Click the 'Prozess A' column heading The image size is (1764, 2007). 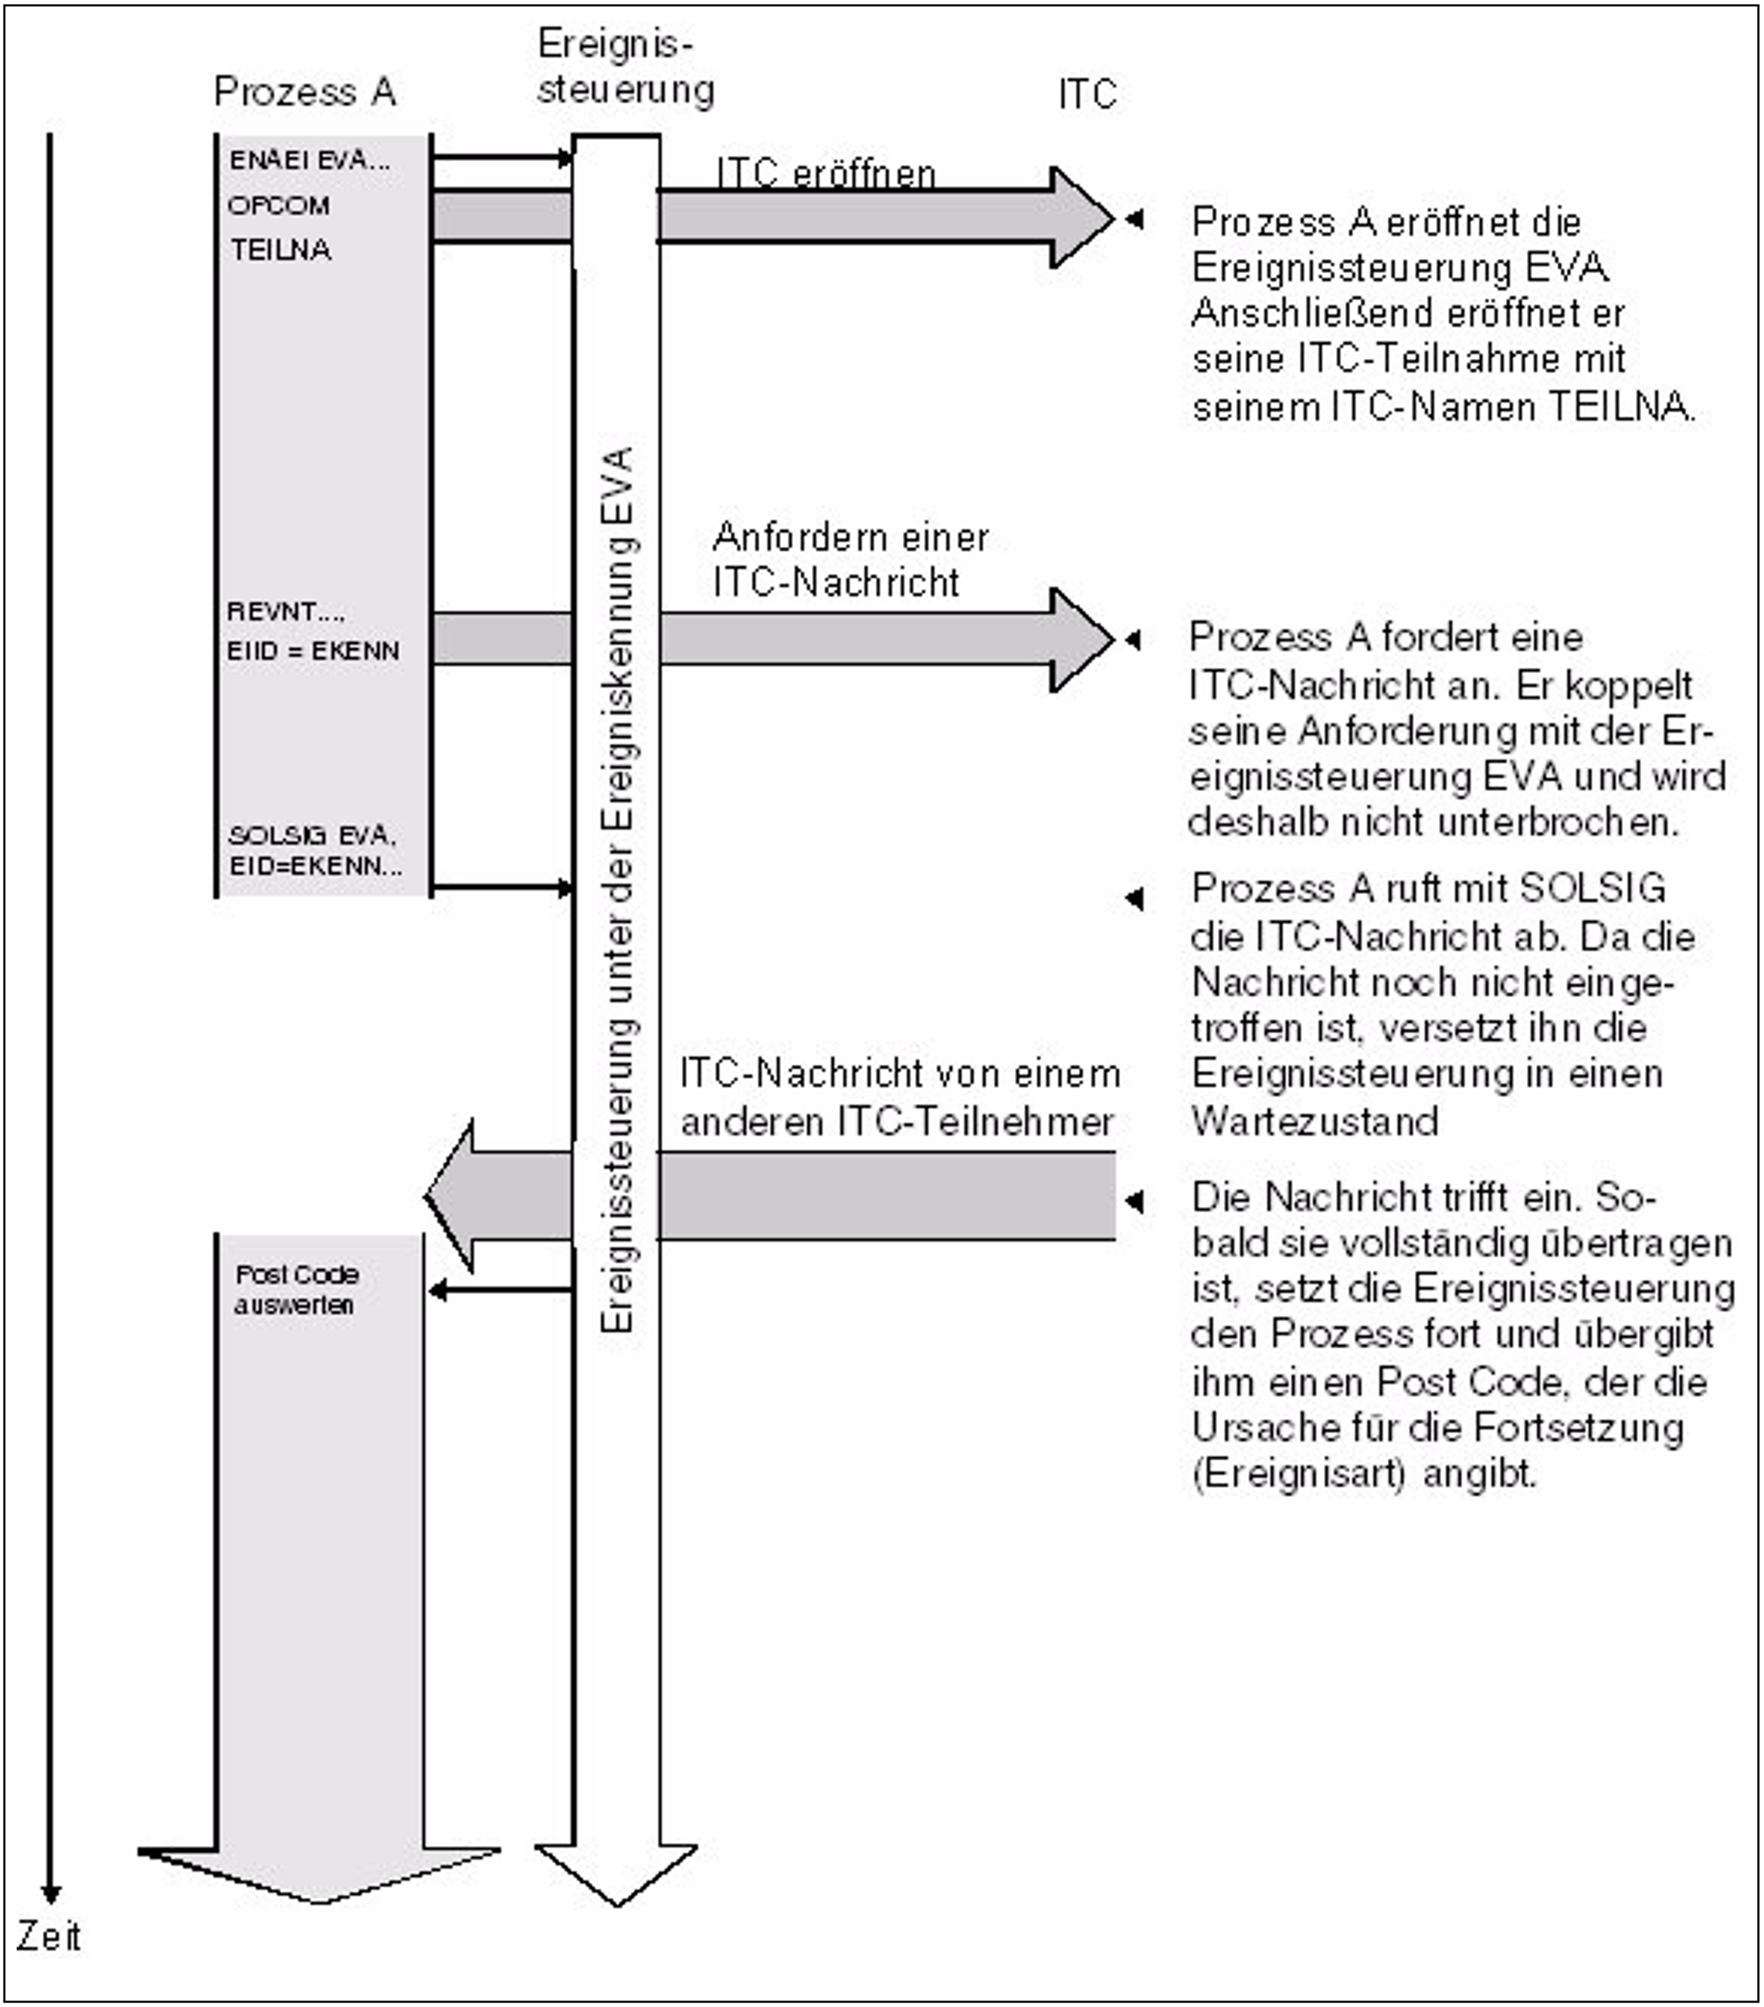[x=304, y=92]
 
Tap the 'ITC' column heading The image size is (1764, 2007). [x=1088, y=94]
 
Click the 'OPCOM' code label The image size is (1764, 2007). [x=279, y=206]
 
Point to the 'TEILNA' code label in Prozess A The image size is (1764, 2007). [x=281, y=250]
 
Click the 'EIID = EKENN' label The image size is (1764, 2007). [x=313, y=651]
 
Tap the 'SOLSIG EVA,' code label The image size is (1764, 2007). [x=312, y=836]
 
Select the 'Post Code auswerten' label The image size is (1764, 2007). [x=296, y=1290]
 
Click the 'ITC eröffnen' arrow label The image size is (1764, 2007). [x=825, y=174]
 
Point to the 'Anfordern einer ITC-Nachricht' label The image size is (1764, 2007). [x=850, y=560]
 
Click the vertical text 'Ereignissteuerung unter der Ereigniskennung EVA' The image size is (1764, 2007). [x=618, y=889]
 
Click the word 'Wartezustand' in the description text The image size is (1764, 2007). [x=1315, y=1122]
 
